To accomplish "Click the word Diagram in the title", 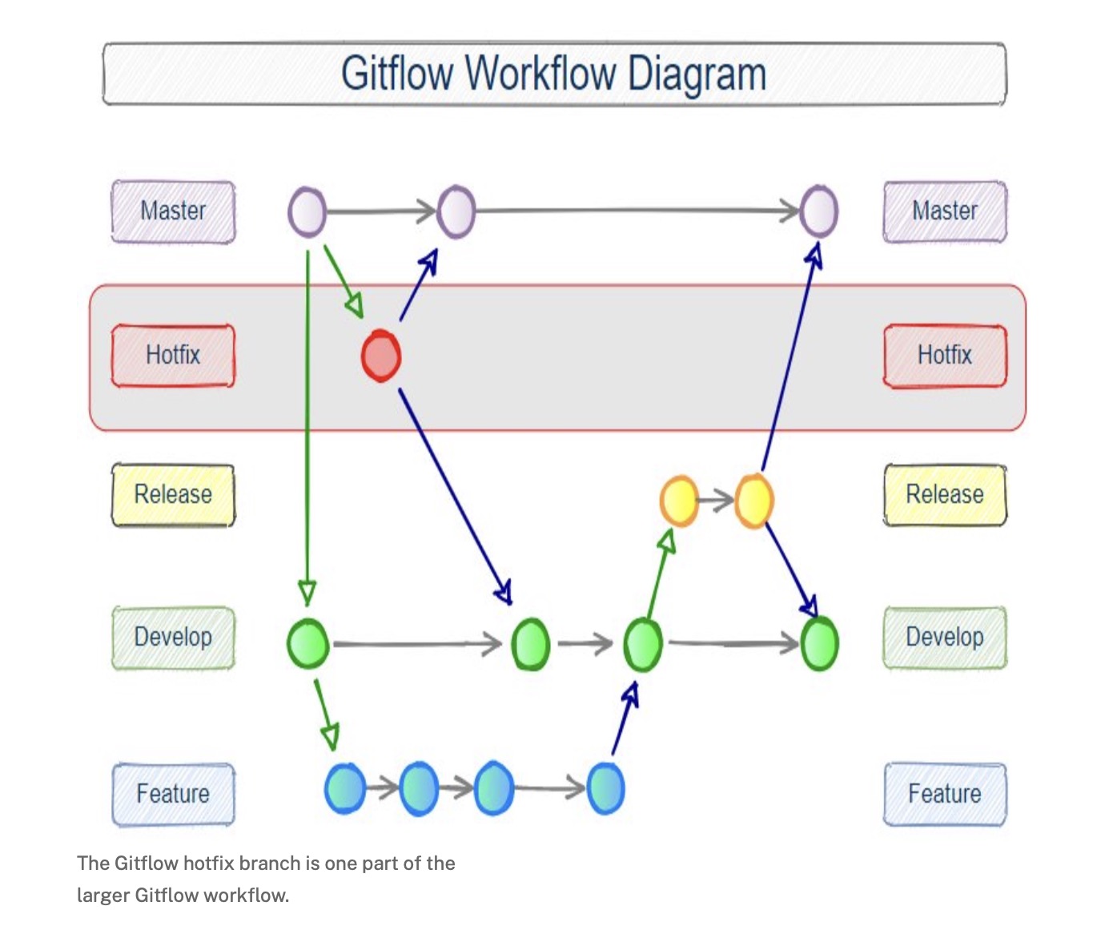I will pyautogui.click(x=697, y=74).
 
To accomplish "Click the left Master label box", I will pyautogui.click(x=173, y=211).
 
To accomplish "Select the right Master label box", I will pyautogui.click(x=945, y=211).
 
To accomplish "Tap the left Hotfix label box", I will pyautogui.click(x=173, y=355).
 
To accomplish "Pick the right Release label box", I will pyautogui.click(x=945, y=494).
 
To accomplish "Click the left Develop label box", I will pyautogui.click(x=173, y=638).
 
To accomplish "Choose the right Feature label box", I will pyautogui.click(x=945, y=794).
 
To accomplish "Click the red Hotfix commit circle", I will pyautogui.click(x=380, y=356).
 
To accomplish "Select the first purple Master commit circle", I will pyautogui.click(x=307, y=212).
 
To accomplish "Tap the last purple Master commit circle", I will pyautogui.click(x=819, y=212).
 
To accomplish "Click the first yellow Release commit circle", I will pyautogui.click(x=678, y=501).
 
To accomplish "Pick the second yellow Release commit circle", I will pyautogui.click(x=754, y=501).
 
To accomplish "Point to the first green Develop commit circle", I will pyautogui.click(x=307, y=644).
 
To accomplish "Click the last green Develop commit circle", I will pyautogui.click(x=819, y=644).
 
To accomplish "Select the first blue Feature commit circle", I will pyautogui.click(x=345, y=789).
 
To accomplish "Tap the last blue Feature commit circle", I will pyautogui.click(x=605, y=789).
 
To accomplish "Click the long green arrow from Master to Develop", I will pyautogui.click(x=307, y=425).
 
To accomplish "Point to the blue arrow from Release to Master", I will pyautogui.click(x=789, y=360).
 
